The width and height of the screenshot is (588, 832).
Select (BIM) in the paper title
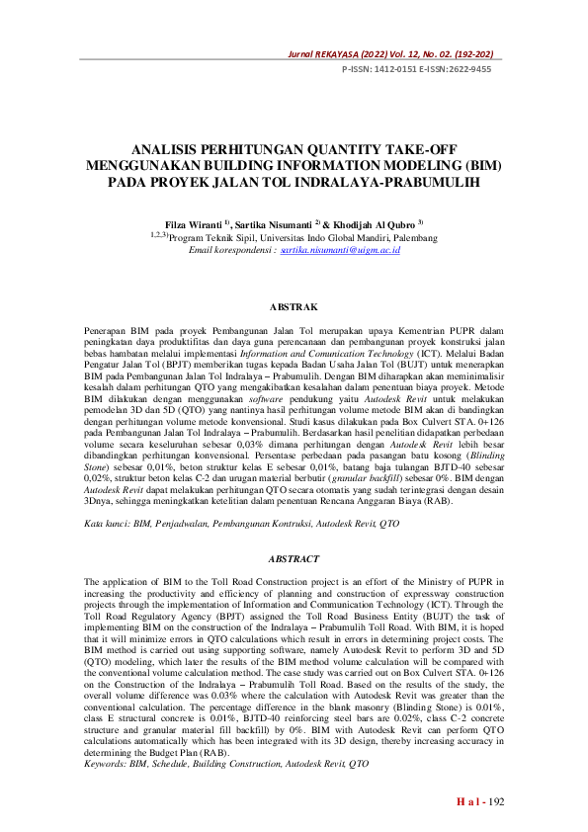481,166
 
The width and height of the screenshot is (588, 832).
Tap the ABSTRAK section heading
294,307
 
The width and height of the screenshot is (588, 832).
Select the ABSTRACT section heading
294,559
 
